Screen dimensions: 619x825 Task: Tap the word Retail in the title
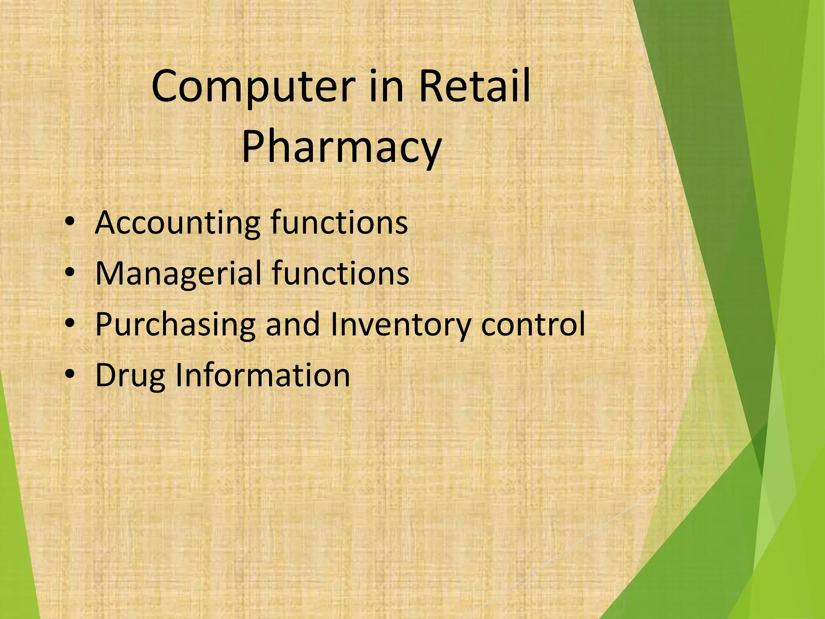474,86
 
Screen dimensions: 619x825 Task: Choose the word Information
263,375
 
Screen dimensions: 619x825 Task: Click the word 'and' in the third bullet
293,324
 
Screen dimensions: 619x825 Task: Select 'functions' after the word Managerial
340,273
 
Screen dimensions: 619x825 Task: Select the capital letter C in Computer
166,86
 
